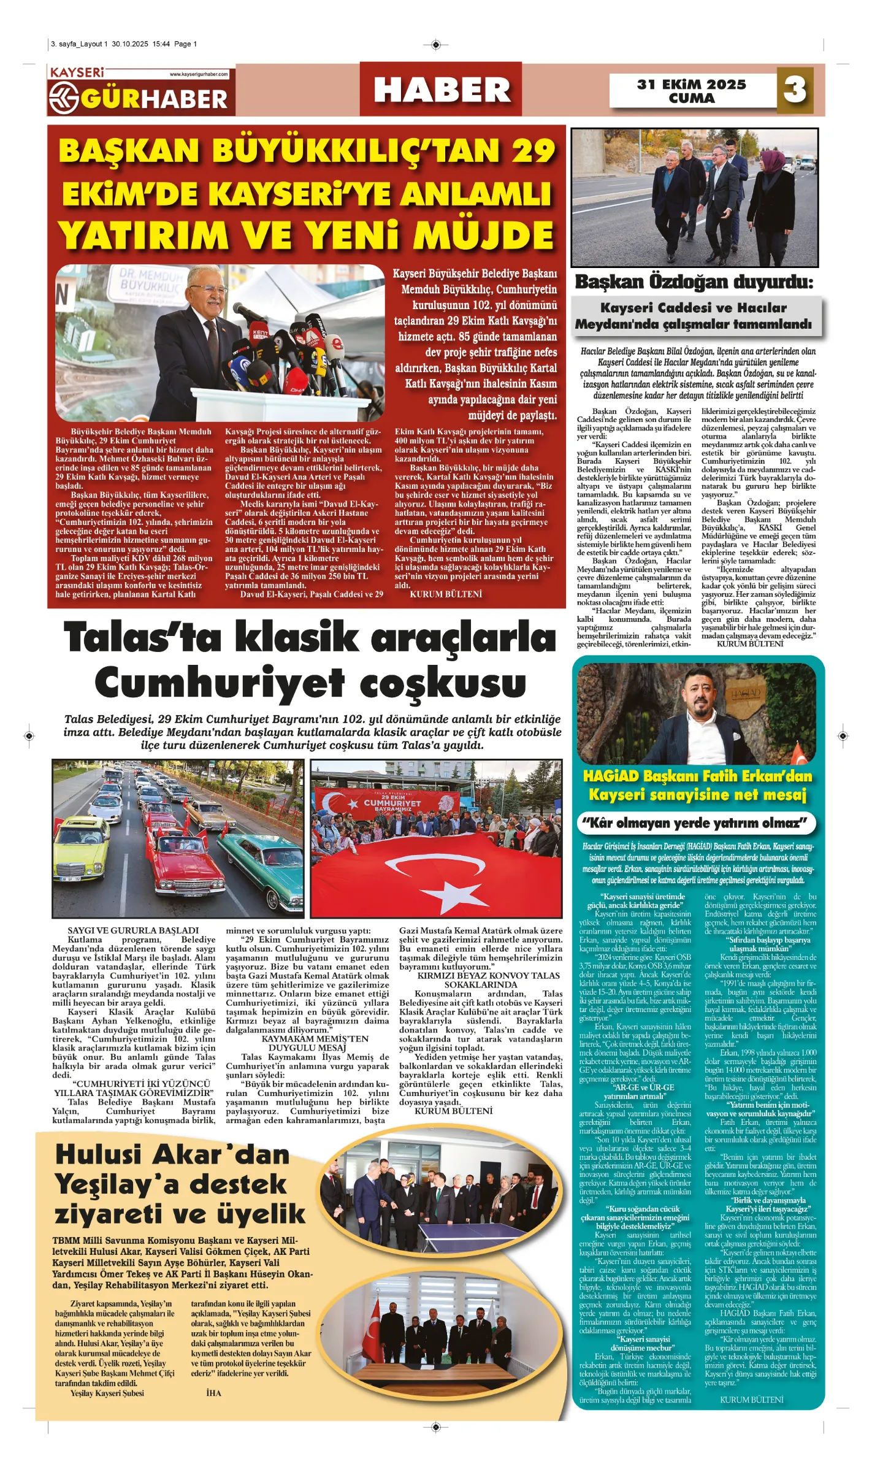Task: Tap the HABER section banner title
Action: pos(442,90)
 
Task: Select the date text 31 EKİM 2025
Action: pos(691,85)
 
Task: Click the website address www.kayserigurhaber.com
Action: pos(198,74)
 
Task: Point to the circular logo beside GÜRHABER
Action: pos(64,98)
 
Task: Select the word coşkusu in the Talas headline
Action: pos(443,683)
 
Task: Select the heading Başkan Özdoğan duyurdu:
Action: pos(694,282)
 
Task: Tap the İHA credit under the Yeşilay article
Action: pos(213,1393)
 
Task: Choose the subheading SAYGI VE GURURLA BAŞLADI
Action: pos(133,930)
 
